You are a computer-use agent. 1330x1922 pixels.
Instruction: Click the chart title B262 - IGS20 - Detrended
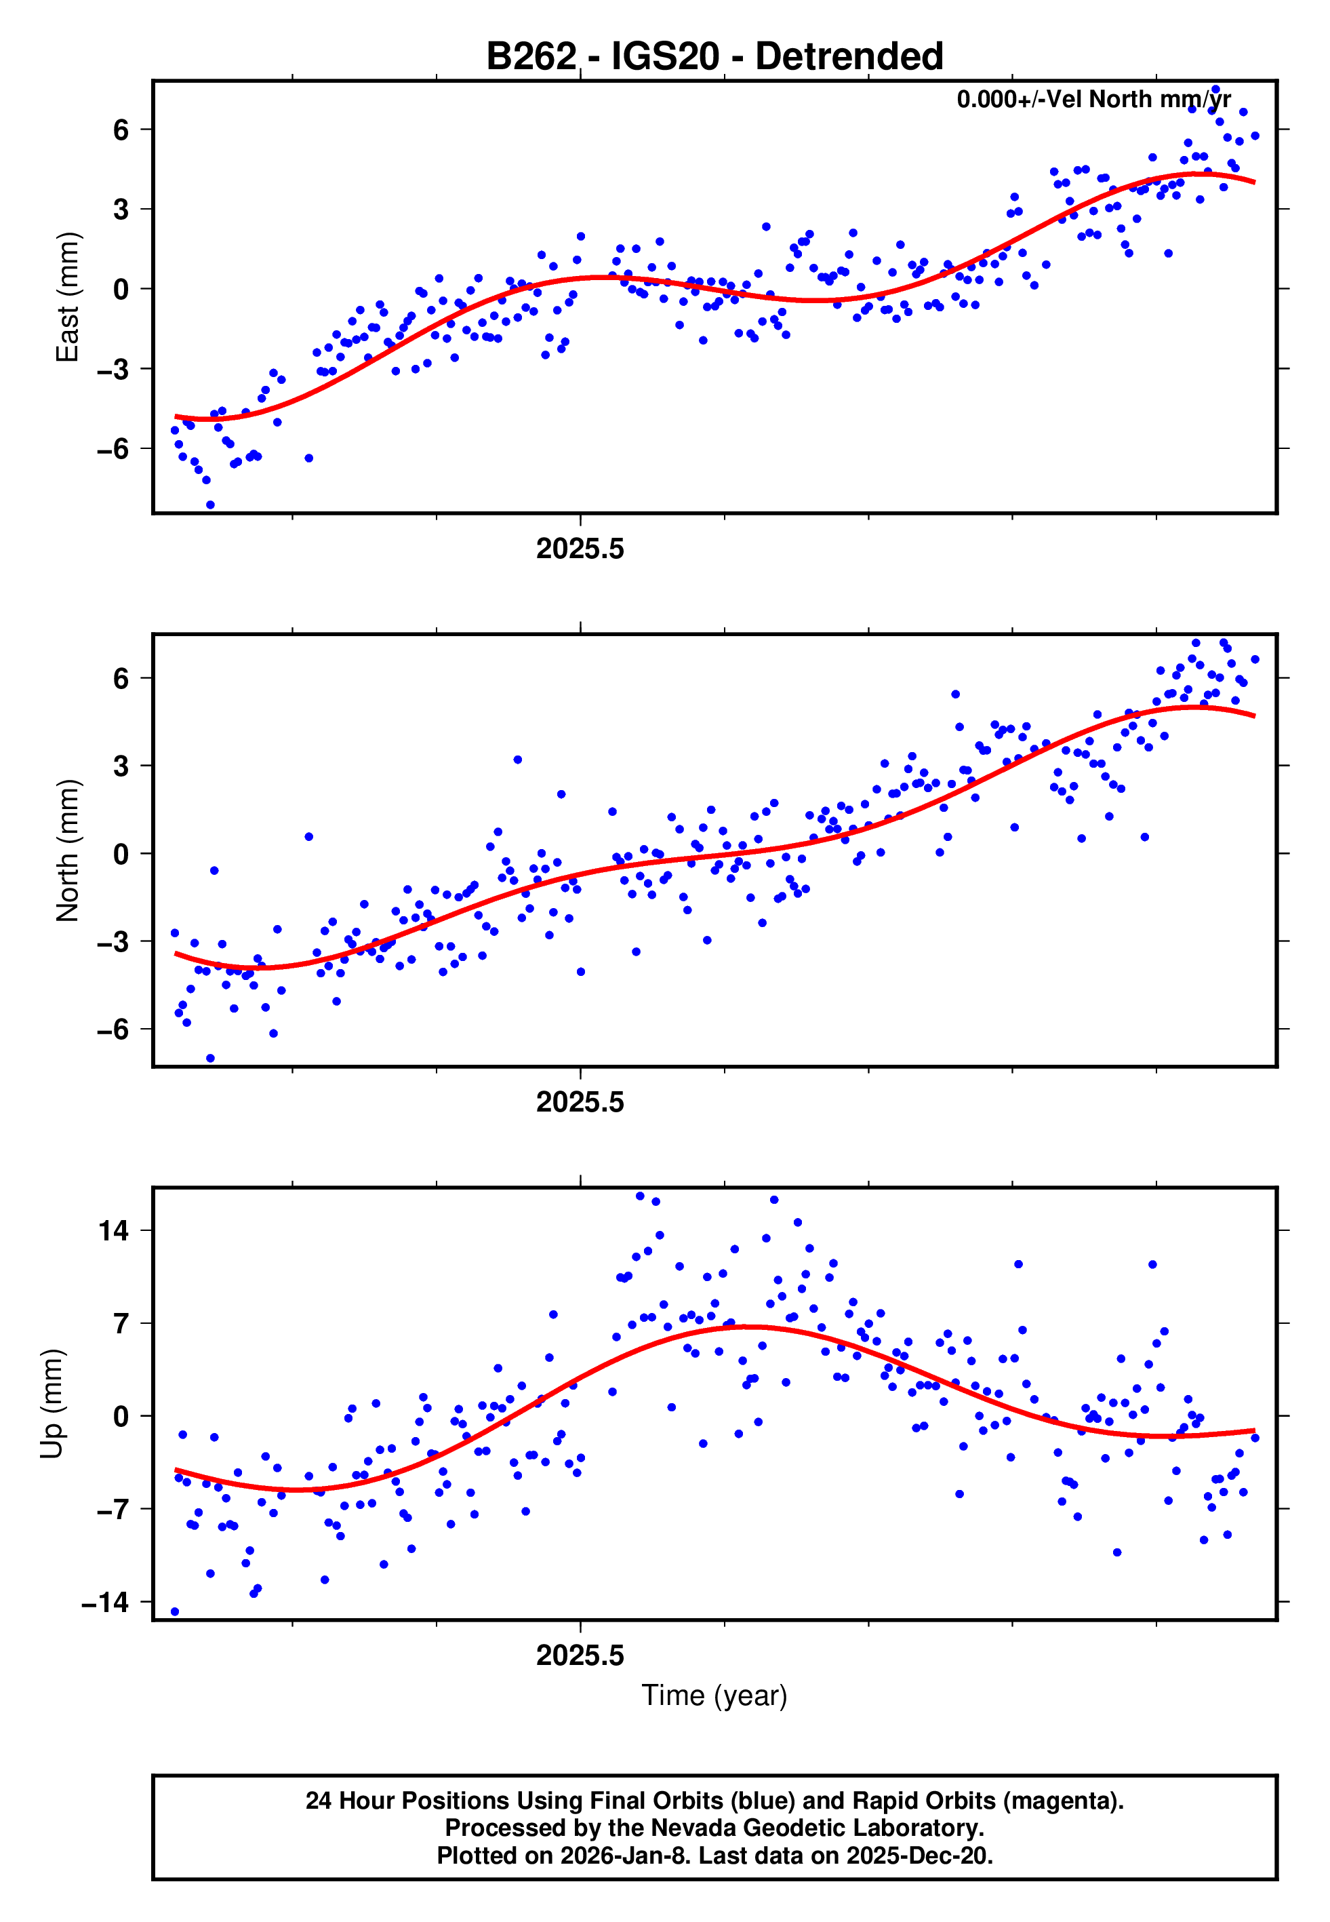(714, 57)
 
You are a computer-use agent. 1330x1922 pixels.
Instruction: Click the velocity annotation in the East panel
(1093, 99)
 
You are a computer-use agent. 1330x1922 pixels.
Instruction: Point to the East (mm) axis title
(68, 297)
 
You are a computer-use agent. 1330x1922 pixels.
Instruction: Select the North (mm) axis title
(68, 850)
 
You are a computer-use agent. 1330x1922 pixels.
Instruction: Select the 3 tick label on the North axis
(121, 766)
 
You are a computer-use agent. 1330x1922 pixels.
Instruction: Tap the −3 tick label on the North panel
(113, 942)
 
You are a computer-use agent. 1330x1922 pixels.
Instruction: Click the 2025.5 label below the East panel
(580, 549)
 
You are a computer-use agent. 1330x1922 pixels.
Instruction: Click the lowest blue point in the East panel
(210, 505)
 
